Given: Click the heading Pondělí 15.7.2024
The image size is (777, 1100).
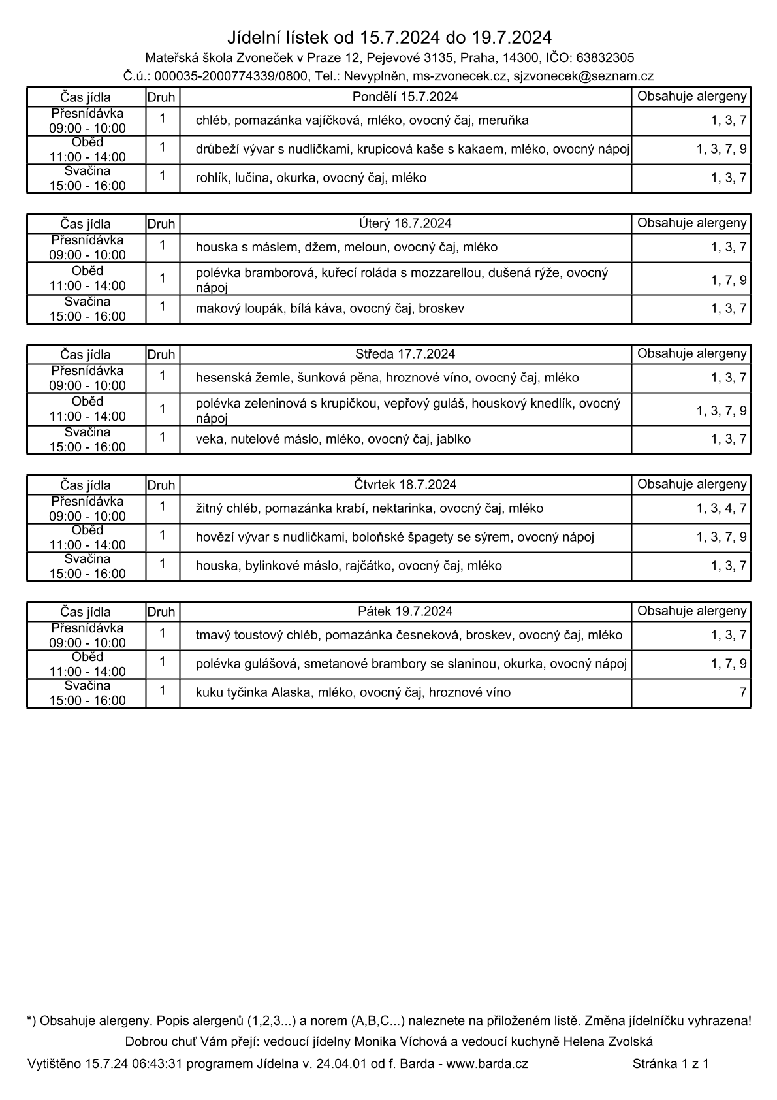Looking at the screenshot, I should [405, 97].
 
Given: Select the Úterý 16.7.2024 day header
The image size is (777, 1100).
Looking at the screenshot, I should [405, 223].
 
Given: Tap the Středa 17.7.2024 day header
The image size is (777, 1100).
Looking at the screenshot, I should [405, 354].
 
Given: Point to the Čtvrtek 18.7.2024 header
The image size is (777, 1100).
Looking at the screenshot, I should [405, 485].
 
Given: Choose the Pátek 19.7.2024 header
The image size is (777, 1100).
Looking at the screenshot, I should [405, 611].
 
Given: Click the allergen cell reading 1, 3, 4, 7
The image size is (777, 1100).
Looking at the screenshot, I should [721, 508].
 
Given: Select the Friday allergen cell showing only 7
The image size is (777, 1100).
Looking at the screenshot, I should [742, 692].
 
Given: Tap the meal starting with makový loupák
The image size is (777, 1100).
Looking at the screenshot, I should [330, 308].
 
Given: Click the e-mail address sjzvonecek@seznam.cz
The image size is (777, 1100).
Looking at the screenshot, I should [583, 76].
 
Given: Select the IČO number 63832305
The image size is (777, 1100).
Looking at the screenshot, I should [605, 57].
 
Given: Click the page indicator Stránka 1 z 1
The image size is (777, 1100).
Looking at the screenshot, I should [671, 1063].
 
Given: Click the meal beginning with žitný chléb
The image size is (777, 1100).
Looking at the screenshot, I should [369, 508].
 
